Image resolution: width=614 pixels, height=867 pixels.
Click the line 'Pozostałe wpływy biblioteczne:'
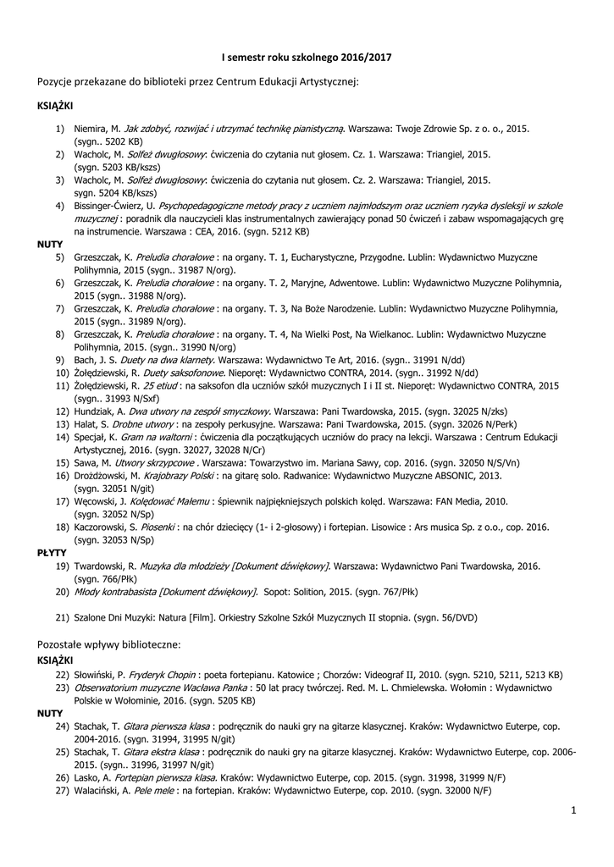click(x=108, y=643)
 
